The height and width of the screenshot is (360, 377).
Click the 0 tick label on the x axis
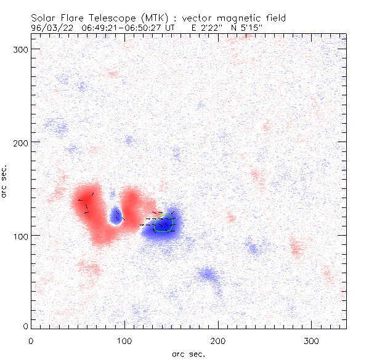click(31, 340)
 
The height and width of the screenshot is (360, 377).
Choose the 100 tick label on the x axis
click(124, 340)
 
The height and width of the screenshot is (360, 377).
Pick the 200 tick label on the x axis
click(218, 340)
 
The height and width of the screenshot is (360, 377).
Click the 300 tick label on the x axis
click(312, 340)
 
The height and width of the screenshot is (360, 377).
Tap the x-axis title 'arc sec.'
click(187, 353)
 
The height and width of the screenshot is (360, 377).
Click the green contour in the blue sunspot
click(163, 225)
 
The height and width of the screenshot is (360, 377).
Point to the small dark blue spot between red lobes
click(115, 215)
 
